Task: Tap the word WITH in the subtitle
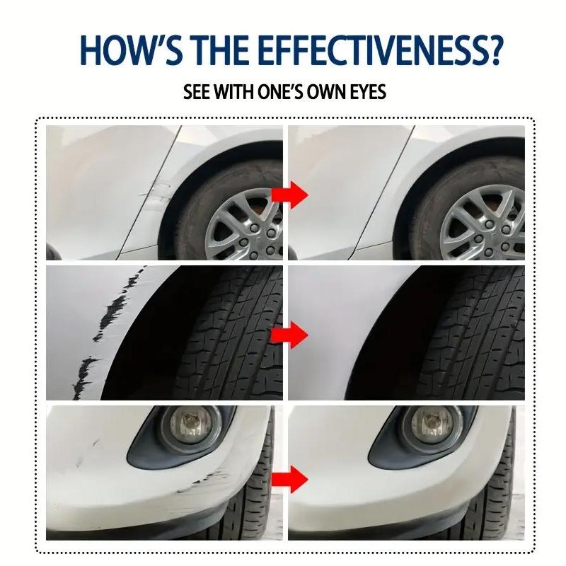[234, 92]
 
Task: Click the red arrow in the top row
[290, 195]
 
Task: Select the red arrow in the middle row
[290, 335]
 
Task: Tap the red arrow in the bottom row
[290, 479]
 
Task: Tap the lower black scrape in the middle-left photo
[85, 377]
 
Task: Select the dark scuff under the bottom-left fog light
[202, 481]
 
